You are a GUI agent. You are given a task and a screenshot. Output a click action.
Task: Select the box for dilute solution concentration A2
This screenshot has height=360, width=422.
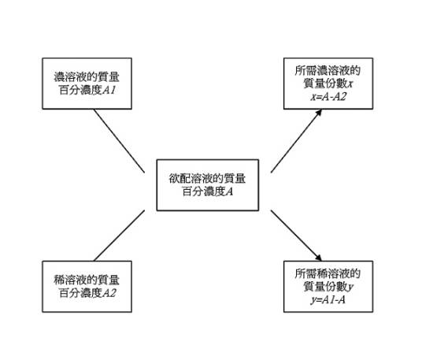tap(87, 285)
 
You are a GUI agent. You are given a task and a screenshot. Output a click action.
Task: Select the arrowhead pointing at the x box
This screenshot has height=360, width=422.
tap(320, 113)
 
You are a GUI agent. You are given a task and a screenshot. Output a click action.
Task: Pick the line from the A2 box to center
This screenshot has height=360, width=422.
tap(118, 235)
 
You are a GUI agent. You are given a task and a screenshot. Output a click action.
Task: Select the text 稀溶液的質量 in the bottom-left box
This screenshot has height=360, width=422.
tap(87, 280)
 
